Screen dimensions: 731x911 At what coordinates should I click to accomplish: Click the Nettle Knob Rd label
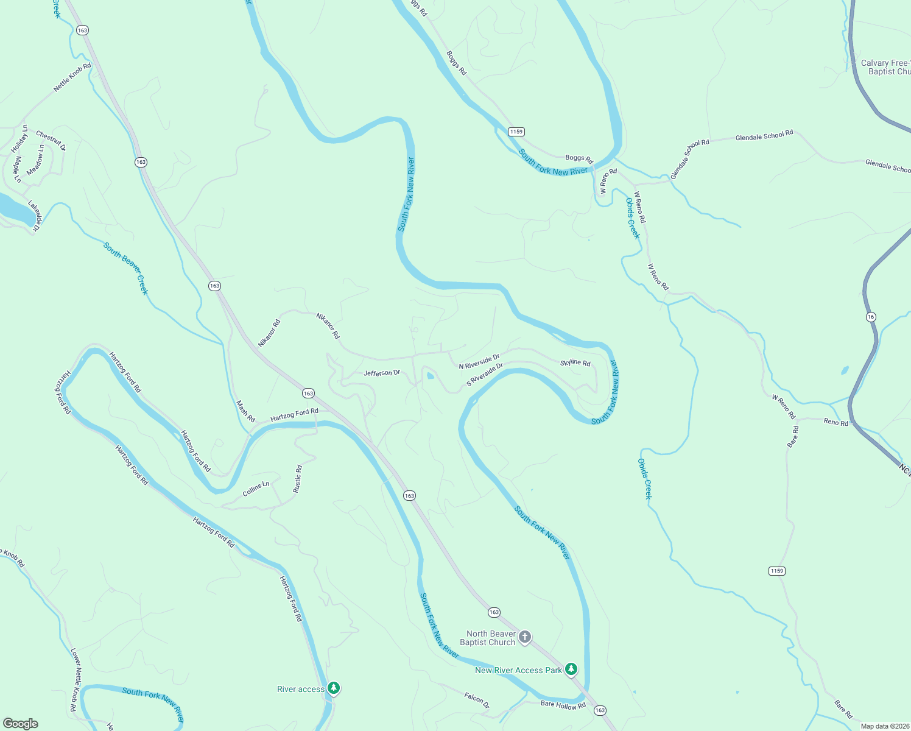tap(72, 77)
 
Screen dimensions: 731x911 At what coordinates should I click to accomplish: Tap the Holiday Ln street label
tap(19, 139)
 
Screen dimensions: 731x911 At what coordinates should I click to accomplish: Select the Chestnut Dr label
tap(51, 140)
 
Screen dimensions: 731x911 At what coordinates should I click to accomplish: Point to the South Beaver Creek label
tap(125, 268)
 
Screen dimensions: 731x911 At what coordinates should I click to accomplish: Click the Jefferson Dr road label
tap(382, 373)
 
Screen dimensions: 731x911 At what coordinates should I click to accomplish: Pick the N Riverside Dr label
tap(479, 361)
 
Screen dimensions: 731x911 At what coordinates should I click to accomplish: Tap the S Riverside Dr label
tap(485, 375)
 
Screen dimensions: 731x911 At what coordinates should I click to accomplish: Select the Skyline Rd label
tap(575, 363)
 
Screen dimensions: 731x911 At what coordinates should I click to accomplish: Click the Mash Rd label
tap(245, 411)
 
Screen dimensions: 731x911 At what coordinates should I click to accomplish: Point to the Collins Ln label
tap(256, 489)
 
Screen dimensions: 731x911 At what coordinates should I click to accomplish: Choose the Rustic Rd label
tap(297, 479)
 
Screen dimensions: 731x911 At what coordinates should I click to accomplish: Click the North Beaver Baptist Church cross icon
tap(525, 637)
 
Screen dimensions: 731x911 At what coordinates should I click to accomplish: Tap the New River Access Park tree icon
tap(571, 669)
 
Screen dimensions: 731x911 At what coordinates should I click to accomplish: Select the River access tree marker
tap(333, 688)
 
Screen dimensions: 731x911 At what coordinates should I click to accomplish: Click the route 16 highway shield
tap(871, 317)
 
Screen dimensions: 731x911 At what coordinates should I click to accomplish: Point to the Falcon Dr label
tap(476, 699)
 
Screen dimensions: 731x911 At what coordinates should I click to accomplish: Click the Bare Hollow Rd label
tap(563, 705)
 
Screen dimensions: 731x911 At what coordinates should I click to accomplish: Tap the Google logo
tap(21, 724)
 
